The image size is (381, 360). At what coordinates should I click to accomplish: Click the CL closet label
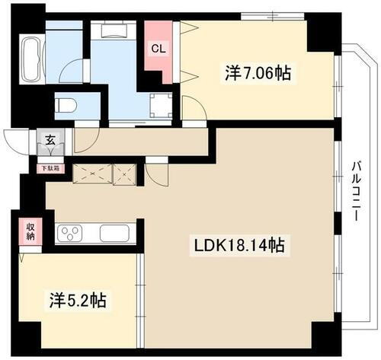[158, 50]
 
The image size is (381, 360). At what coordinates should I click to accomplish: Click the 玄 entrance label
[49, 139]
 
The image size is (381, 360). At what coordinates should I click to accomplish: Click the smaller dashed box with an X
[125, 174]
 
